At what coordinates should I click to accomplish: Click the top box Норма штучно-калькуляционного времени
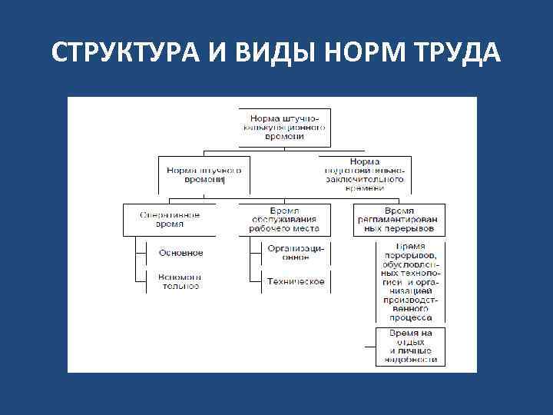(284, 127)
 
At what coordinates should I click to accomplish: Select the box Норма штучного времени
(204, 174)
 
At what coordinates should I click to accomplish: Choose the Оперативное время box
(170, 219)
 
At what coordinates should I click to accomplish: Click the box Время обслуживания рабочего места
(284, 219)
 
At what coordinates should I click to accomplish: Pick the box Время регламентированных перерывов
(399, 219)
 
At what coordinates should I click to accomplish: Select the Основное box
(181, 253)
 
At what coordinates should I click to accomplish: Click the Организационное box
(296, 253)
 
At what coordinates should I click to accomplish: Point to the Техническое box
(296, 281)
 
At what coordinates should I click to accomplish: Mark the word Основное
(181, 253)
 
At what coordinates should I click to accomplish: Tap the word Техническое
(296, 281)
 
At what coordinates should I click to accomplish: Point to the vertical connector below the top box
(284, 151)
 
